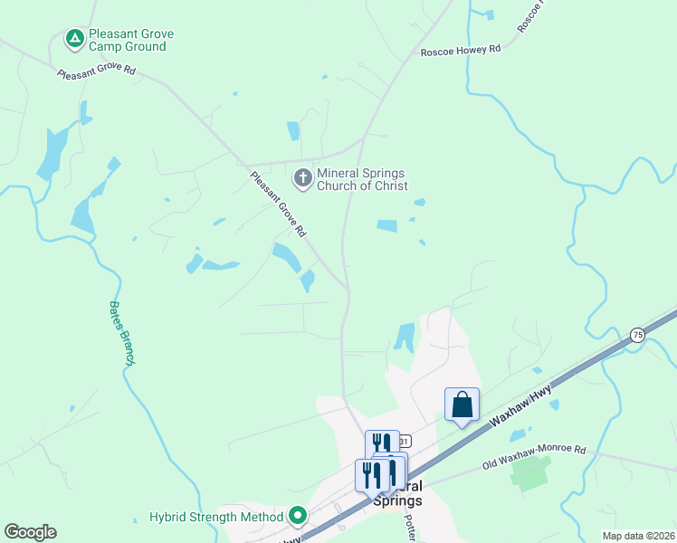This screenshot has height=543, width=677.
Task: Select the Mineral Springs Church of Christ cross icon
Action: [302, 179]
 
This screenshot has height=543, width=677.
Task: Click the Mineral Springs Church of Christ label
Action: [360, 179]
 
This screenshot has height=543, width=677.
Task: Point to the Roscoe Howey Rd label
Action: [460, 52]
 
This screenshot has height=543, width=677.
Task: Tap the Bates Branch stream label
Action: [122, 333]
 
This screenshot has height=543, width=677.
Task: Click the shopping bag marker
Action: [462, 405]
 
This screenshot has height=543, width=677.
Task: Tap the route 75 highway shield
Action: [638, 335]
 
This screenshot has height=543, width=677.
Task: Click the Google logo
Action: [30, 532]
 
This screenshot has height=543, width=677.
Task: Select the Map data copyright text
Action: [638, 536]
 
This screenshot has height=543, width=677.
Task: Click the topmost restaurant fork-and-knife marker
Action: [382, 443]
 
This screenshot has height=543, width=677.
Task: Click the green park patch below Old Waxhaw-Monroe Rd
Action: [531, 473]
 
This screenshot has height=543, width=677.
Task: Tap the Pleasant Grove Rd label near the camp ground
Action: [95, 71]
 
